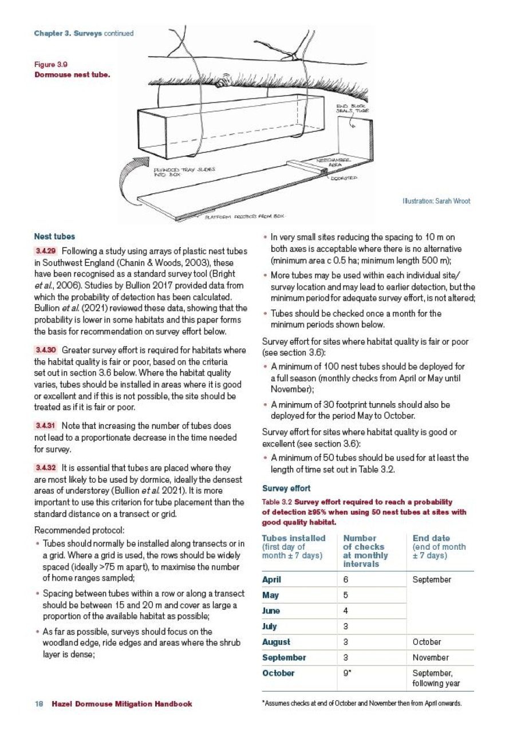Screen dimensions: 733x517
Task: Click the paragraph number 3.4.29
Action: [45, 252]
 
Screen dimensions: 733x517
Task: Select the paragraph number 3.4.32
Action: [45, 468]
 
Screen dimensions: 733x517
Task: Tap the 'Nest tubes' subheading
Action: [54, 237]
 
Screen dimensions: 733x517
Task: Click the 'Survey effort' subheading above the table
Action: [286, 488]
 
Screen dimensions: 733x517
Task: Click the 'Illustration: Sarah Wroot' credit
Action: [436, 201]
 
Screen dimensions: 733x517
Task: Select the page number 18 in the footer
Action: [38, 704]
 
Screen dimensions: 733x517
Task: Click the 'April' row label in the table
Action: [271, 580]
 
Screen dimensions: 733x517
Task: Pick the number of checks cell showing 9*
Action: [348, 673]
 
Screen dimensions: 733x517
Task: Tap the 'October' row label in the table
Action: [278, 673]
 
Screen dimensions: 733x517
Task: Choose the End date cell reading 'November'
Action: [431, 658]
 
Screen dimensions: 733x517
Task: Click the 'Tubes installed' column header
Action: [293, 538]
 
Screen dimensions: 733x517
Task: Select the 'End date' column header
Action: [431, 538]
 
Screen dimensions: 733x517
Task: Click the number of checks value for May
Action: [346, 596]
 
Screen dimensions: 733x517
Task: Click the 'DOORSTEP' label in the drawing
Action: [344, 178]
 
